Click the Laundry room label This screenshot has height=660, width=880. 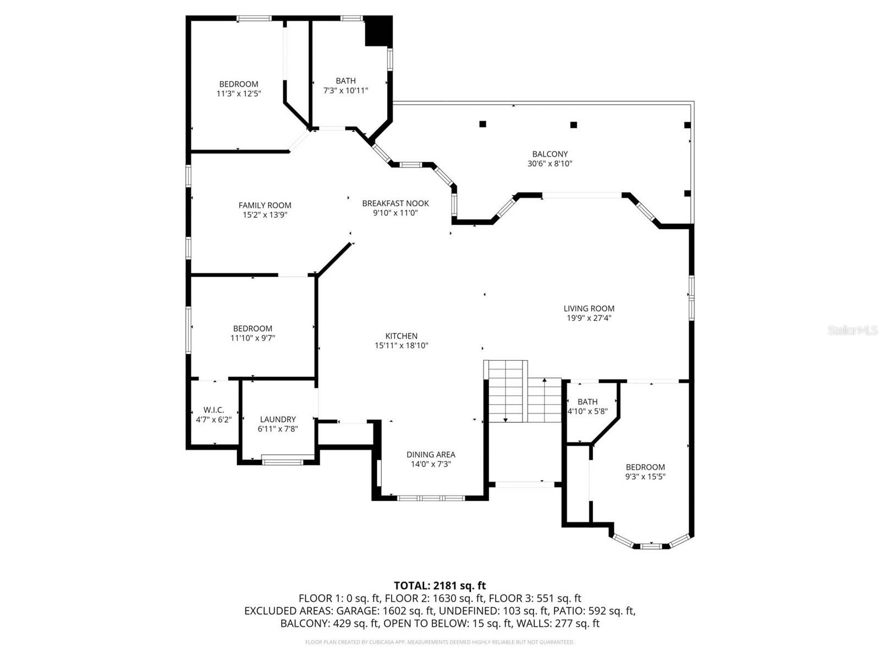click(278, 419)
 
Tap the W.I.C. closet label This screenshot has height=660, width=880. click(213, 410)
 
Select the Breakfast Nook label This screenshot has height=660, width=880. click(395, 204)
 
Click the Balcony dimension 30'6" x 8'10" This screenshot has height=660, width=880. click(549, 163)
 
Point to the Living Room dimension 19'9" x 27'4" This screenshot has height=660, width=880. click(588, 318)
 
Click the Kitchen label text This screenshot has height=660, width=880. click(401, 336)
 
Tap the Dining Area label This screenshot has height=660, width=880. click(431, 454)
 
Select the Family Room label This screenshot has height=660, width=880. click(265, 205)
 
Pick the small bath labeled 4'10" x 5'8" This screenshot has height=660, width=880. click(587, 406)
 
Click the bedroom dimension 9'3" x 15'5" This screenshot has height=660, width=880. click(645, 477)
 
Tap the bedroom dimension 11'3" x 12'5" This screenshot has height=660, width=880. click(238, 94)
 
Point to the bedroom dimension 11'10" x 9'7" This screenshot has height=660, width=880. click(252, 338)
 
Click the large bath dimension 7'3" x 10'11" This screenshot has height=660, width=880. click(345, 90)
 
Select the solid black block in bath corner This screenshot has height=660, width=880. click(378, 31)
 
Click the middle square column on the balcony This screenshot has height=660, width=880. click(574, 125)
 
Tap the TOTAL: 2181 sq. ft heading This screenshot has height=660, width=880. click(439, 586)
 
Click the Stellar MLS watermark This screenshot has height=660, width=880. click(852, 330)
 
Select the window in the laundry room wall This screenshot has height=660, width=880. click(282, 460)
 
